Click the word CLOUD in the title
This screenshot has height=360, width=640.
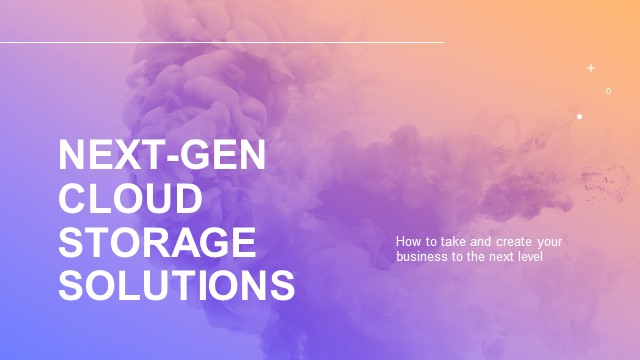click(130, 199)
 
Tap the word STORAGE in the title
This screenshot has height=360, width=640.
click(157, 243)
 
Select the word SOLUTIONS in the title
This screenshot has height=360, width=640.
click(176, 285)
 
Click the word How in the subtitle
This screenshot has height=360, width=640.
click(407, 242)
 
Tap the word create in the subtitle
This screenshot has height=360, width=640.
click(511, 242)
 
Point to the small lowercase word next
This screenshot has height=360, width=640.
click(495, 256)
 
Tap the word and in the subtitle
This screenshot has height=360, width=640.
click(479, 242)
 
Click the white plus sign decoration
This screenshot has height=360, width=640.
click(591, 68)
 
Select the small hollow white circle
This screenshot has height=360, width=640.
click(608, 91)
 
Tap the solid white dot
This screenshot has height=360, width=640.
click(579, 117)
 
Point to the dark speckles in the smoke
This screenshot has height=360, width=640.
click(600, 180)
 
